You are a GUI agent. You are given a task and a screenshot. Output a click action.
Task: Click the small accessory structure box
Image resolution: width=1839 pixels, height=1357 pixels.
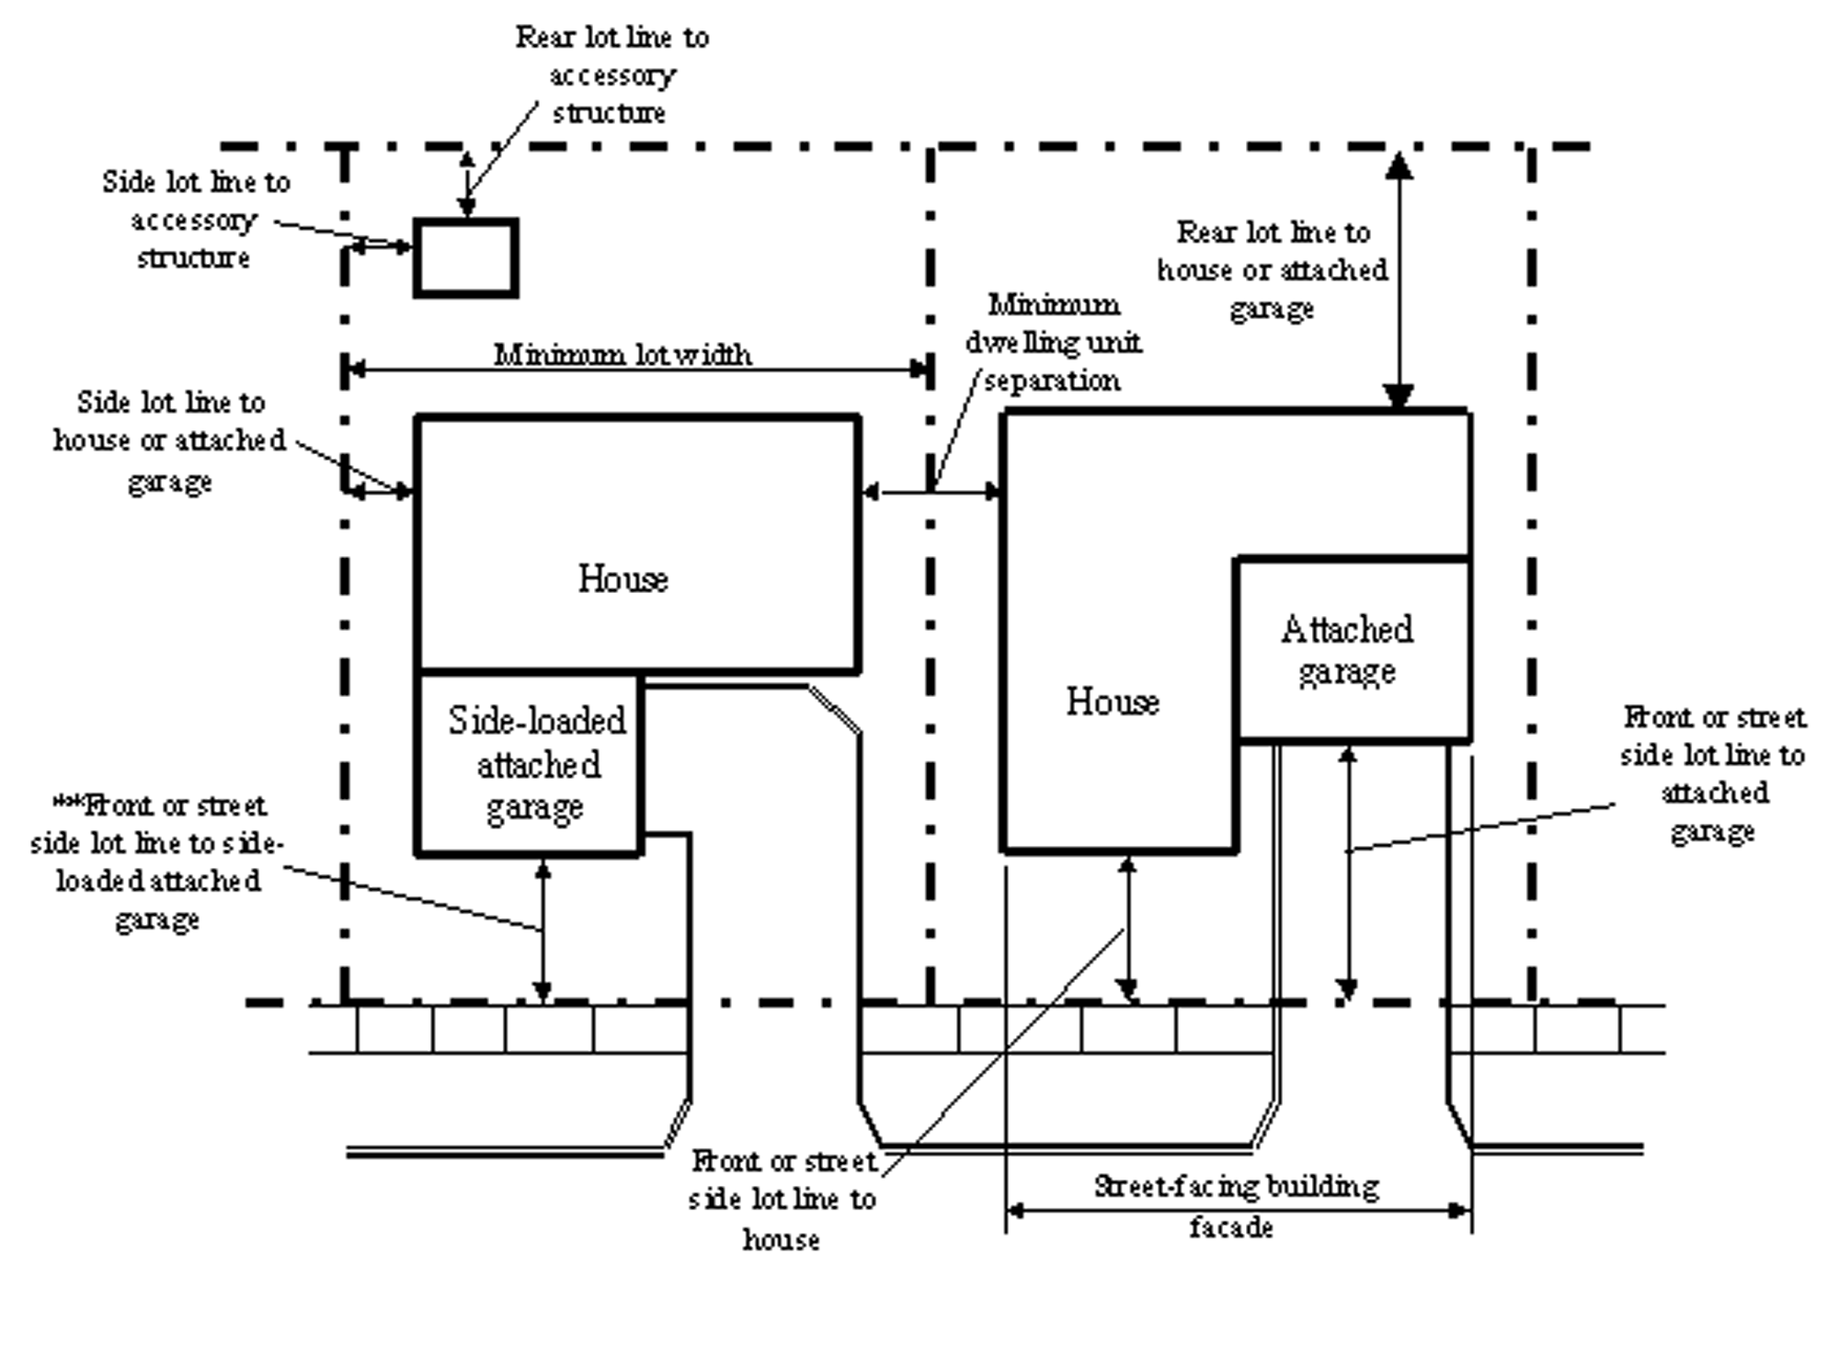[x=465, y=258]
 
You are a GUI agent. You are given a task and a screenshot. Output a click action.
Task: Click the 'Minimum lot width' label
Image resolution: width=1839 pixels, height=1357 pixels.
[x=623, y=355]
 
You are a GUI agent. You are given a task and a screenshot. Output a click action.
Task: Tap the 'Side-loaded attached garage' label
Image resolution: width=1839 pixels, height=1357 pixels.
[x=536, y=764]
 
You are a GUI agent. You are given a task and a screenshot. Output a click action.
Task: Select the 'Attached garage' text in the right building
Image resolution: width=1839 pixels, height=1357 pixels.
[x=1347, y=650]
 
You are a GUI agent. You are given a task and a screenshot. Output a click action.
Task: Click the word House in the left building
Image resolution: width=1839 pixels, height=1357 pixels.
[x=623, y=579]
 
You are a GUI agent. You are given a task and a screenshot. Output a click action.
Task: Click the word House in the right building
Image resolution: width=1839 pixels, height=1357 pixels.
[x=1113, y=702]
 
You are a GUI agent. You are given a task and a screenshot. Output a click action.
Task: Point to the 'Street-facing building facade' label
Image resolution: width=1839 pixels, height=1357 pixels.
[x=1236, y=1205]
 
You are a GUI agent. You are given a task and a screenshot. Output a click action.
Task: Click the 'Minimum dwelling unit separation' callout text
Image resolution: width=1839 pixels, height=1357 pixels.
[x=1053, y=342]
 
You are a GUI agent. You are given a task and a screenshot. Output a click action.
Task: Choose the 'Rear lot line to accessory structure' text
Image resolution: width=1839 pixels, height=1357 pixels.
[x=611, y=74]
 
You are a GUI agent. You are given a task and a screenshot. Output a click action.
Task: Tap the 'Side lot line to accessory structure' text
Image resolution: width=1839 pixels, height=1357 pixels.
[x=195, y=220]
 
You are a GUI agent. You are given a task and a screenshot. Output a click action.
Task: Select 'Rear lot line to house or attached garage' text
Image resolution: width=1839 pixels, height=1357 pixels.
[x=1273, y=270]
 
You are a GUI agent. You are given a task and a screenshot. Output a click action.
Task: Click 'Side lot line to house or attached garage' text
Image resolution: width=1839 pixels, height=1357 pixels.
[x=170, y=441]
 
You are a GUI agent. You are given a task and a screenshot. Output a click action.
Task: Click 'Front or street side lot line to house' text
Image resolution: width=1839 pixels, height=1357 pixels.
[x=782, y=1200]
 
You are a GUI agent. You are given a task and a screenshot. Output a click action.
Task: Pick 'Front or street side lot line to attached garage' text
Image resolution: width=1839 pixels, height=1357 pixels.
[x=1712, y=773]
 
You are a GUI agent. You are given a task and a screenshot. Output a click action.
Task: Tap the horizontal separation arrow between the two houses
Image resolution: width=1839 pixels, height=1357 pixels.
[x=931, y=493]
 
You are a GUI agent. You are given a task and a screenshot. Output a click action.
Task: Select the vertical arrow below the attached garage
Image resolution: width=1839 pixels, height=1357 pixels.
[x=1347, y=873]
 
